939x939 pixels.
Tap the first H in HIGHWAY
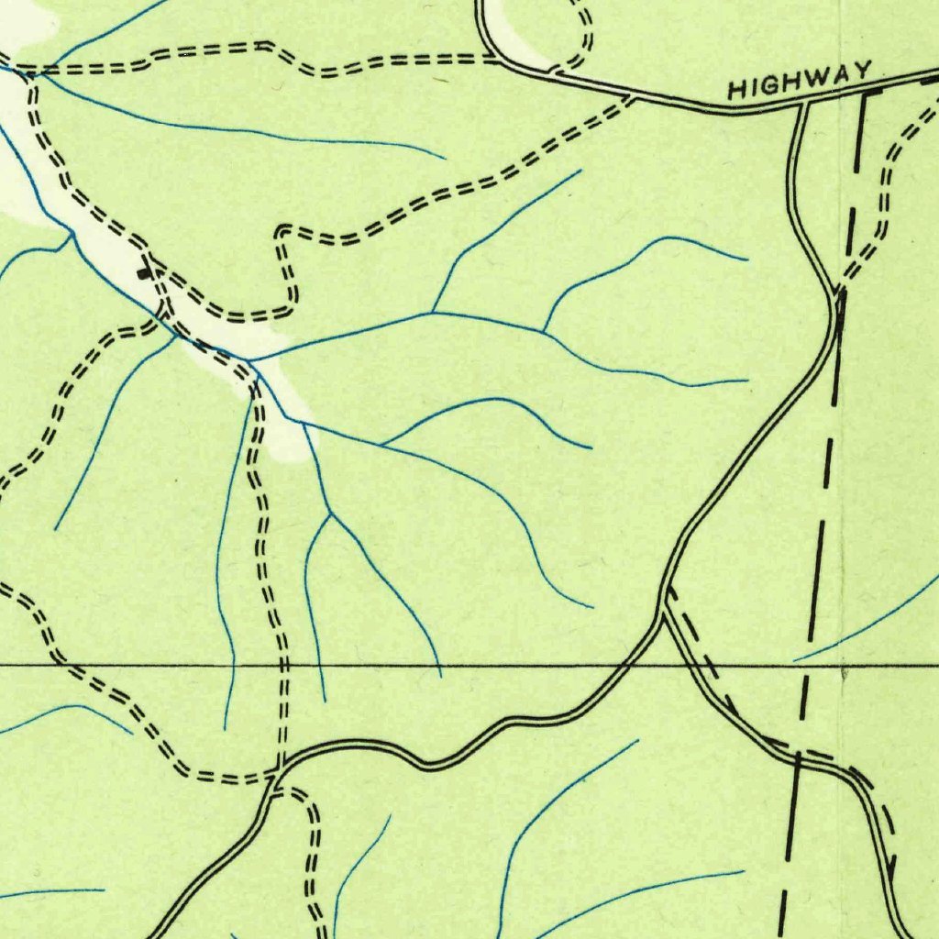point(735,90)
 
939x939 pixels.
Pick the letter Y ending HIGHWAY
point(863,71)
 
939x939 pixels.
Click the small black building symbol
point(144,271)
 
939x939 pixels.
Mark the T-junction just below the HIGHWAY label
point(803,105)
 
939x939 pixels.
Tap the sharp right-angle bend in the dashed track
point(283,229)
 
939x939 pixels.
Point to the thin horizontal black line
point(458,664)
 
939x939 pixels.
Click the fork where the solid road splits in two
point(664,605)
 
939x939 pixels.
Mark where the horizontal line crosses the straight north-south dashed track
point(282,664)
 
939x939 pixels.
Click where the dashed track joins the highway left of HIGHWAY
point(631,96)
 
